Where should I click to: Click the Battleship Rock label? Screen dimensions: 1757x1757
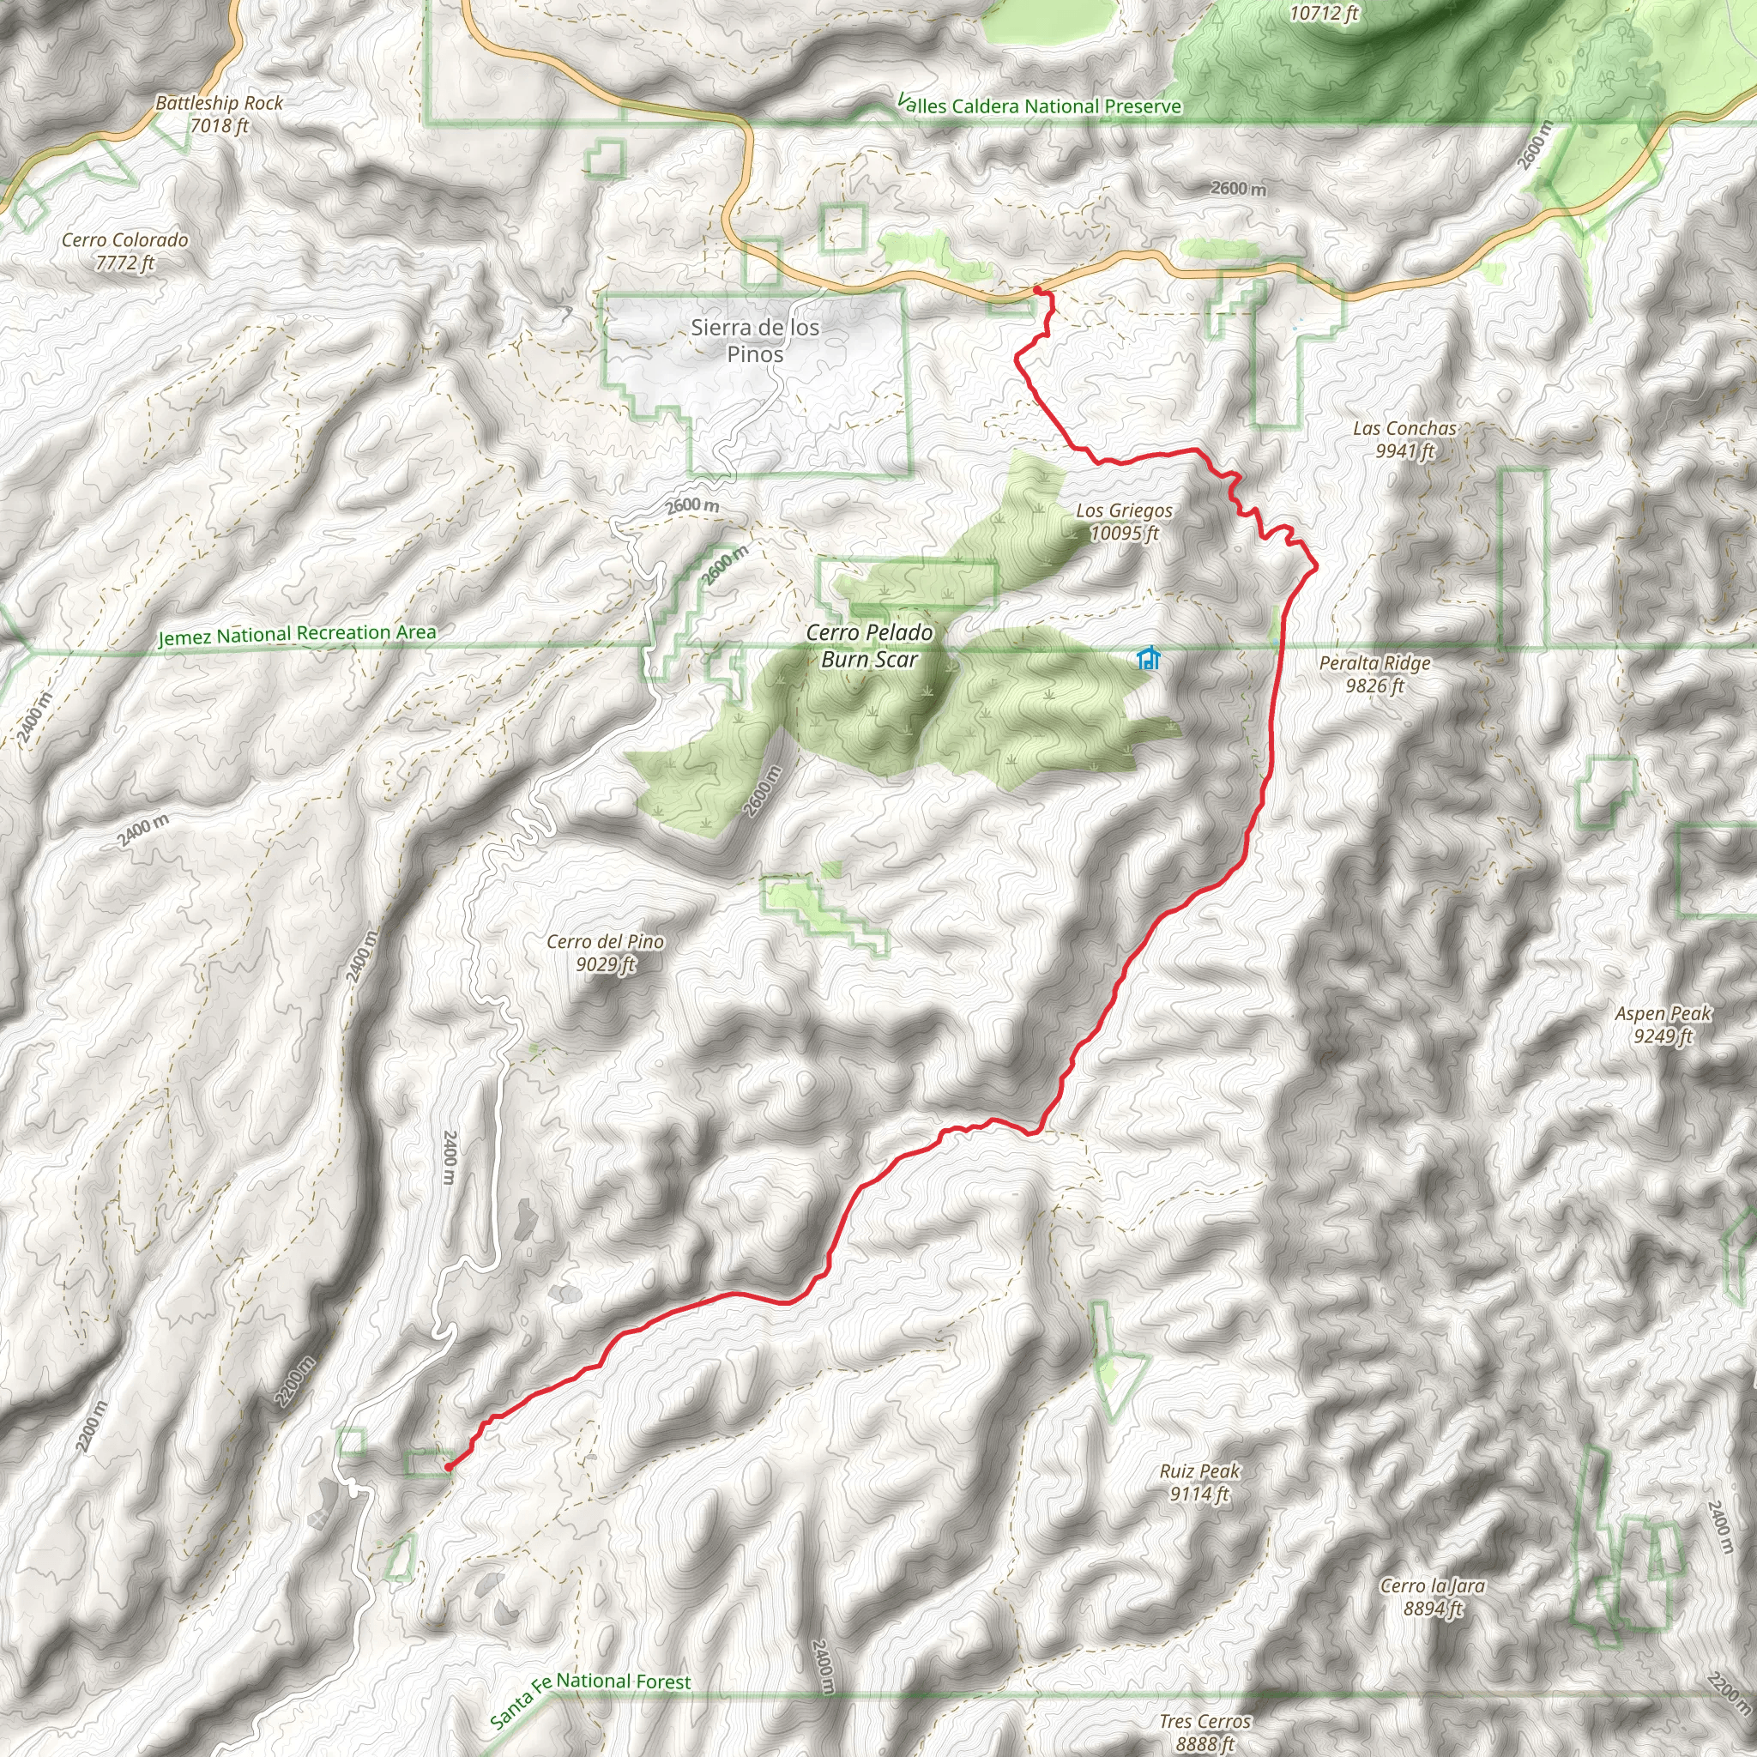coord(218,114)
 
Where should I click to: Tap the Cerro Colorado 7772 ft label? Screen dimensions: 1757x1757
coord(124,251)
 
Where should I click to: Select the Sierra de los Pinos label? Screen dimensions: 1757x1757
coord(755,340)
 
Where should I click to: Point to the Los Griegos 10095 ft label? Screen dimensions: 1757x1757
coord(1124,522)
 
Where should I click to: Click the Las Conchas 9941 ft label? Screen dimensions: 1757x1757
coord(1404,439)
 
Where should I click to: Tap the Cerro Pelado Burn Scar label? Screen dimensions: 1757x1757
coord(869,646)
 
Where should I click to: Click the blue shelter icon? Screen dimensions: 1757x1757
coord(1149,657)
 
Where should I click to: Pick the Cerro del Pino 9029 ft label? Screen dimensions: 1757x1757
coord(605,952)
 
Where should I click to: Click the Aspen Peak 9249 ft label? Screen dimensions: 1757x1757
coord(1663,1024)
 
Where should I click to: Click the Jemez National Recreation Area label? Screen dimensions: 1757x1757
coord(297,634)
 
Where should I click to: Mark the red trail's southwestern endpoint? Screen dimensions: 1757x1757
coord(448,1467)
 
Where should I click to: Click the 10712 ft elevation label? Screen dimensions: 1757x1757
coord(1323,13)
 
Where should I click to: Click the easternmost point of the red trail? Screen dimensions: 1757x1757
coord(1316,569)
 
